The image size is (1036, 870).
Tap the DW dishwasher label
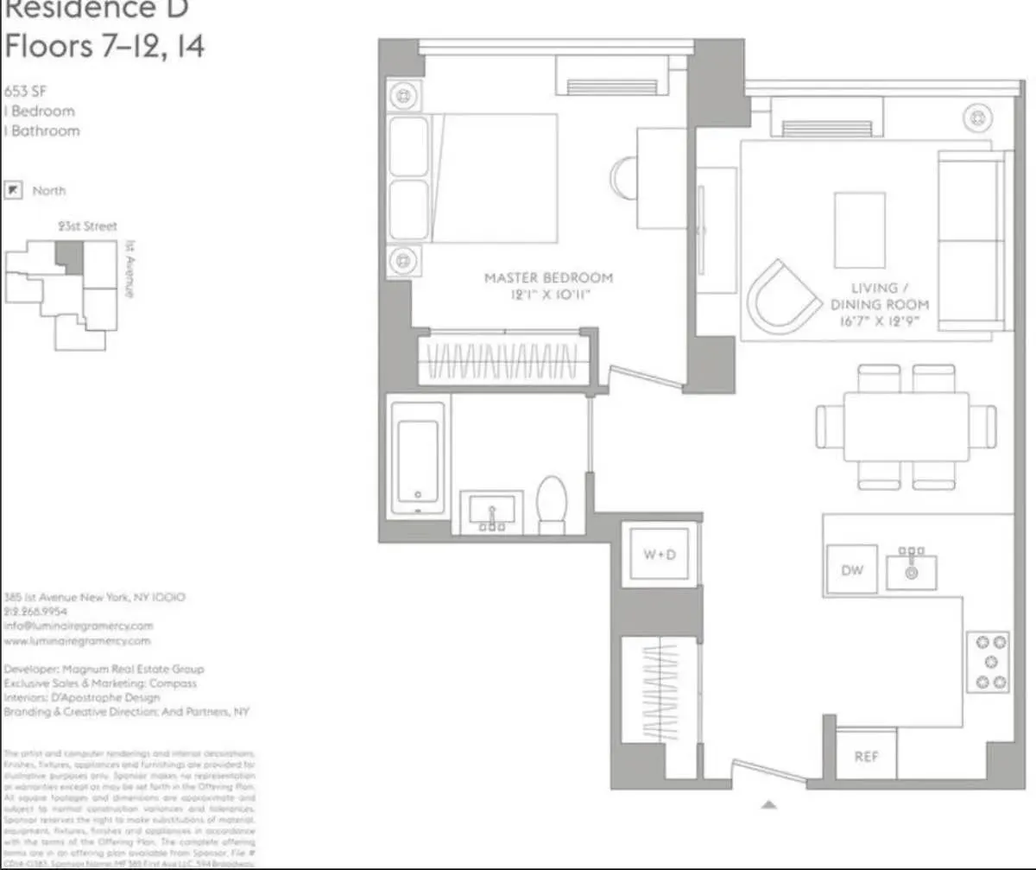[x=851, y=570]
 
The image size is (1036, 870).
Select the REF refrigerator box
[x=866, y=756]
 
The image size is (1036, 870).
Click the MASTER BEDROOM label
[x=548, y=286]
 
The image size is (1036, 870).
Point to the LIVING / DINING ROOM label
[x=879, y=304]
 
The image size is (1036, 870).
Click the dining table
[x=906, y=427]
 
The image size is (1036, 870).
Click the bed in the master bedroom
[x=473, y=179]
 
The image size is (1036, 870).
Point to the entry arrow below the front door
[x=769, y=805]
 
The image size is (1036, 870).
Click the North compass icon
[x=13, y=190]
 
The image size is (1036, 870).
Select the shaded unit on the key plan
[x=70, y=257]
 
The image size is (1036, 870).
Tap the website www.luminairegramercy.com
[x=77, y=641]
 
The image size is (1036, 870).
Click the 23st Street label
[x=87, y=226]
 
